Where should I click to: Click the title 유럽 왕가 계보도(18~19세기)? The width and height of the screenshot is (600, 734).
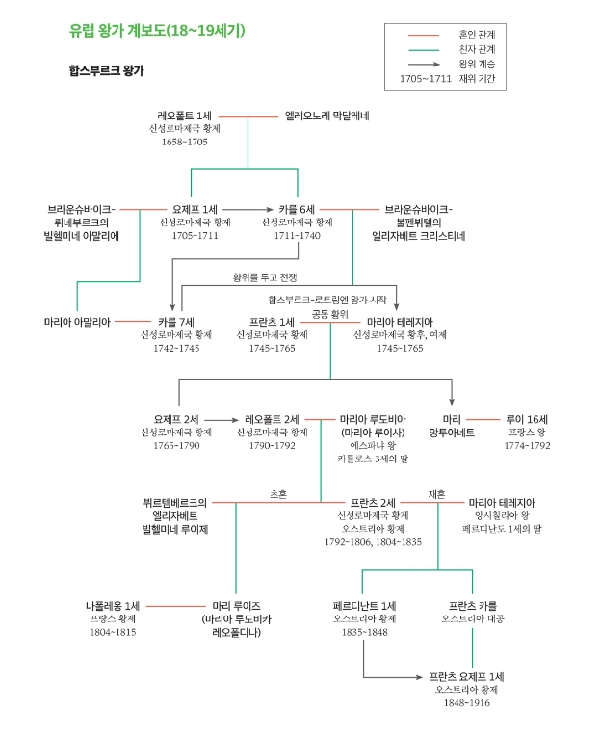point(157,31)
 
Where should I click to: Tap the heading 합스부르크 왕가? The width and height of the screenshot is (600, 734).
point(106,70)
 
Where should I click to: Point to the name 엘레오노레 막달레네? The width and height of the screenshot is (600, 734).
point(326,116)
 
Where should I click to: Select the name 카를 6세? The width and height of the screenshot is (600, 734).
point(297,208)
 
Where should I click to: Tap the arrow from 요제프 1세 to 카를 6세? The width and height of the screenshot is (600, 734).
point(248,208)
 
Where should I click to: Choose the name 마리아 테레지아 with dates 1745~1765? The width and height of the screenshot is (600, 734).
point(400,322)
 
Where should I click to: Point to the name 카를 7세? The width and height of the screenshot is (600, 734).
point(176,322)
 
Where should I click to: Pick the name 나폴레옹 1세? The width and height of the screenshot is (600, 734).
point(114,606)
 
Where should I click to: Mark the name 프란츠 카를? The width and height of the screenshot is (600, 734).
point(473,606)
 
